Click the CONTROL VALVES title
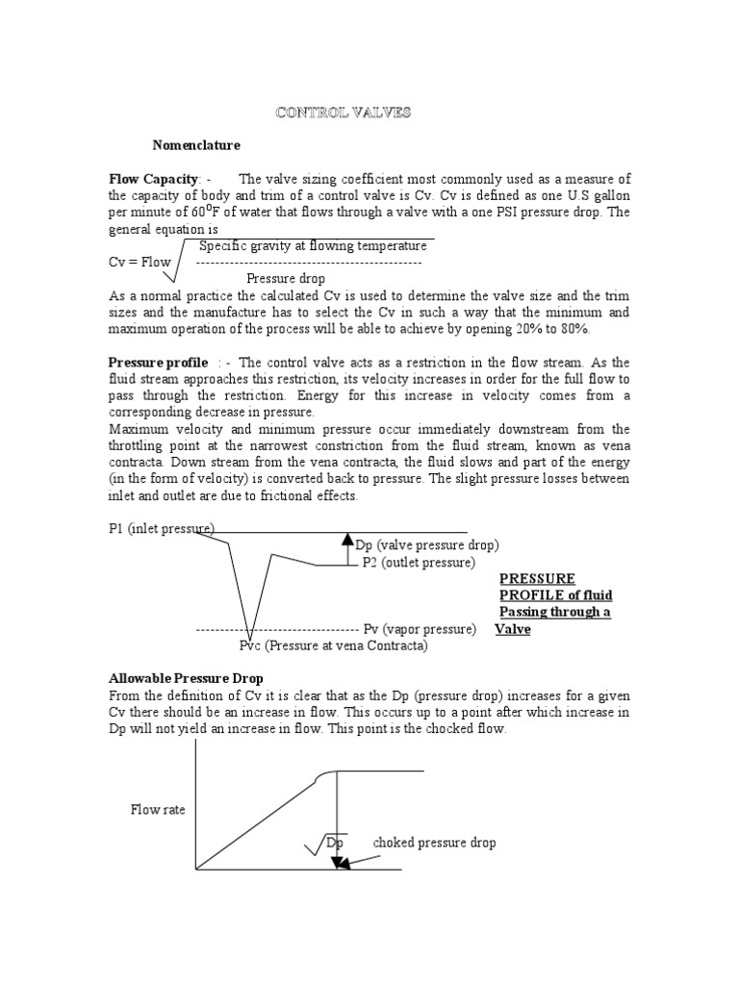click(x=343, y=113)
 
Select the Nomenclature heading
click(x=196, y=145)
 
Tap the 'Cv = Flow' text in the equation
click(x=140, y=262)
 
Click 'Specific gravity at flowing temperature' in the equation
click(x=313, y=246)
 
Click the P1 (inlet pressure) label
click(x=161, y=529)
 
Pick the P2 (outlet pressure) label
click(x=419, y=562)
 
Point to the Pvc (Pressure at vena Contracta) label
click(x=334, y=645)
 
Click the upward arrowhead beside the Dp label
click(x=348, y=539)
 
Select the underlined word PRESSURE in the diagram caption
click(x=537, y=578)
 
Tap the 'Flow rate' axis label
click(x=159, y=810)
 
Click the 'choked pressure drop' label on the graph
click(x=435, y=843)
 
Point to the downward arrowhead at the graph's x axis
click(x=340, y=862)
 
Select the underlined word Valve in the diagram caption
click(x=513, y=629)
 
